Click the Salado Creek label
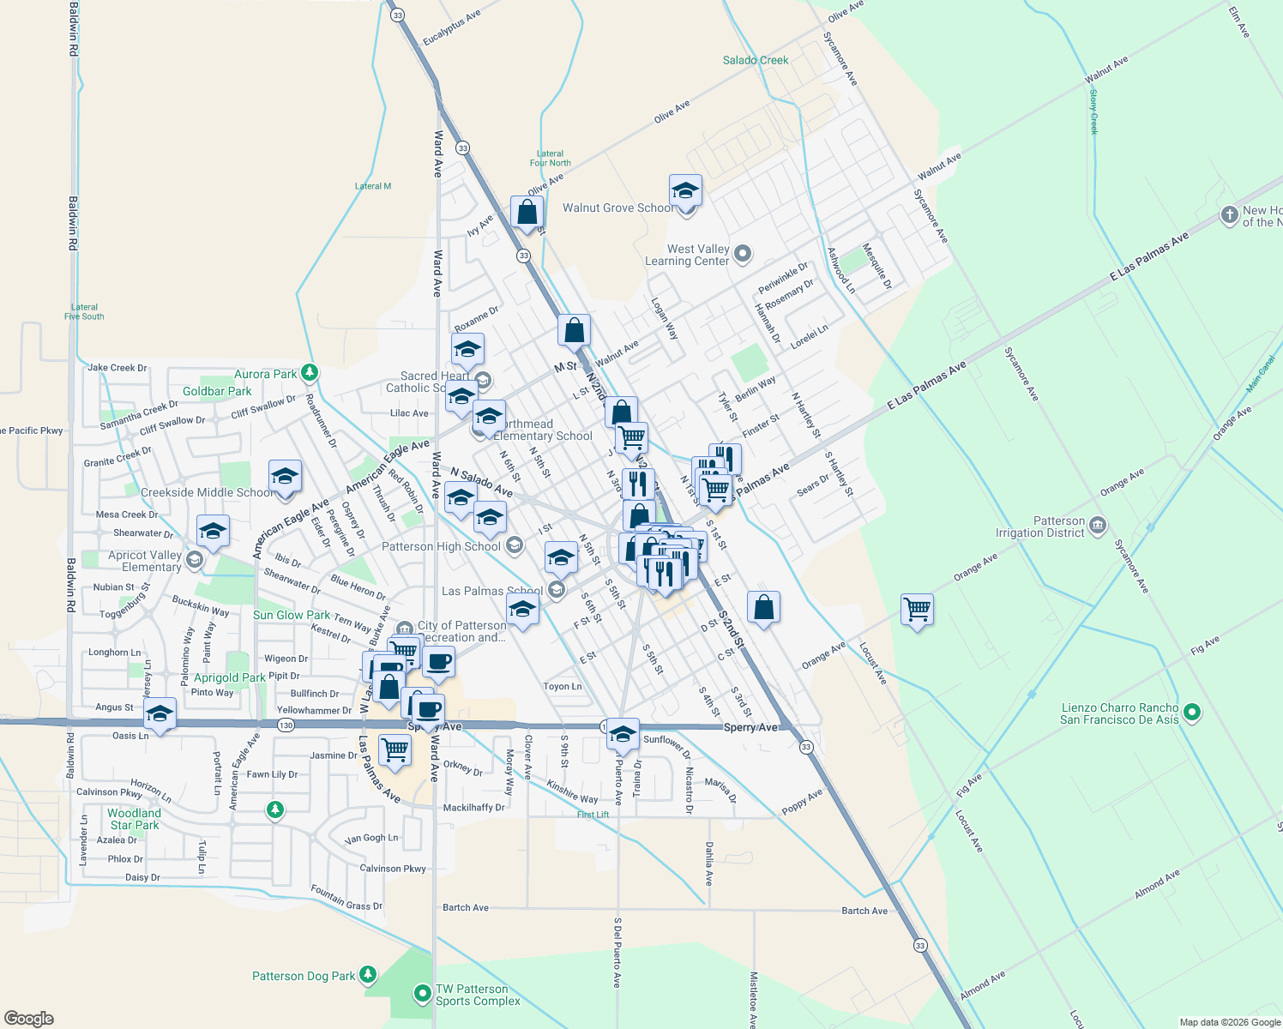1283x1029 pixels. [x=755, y=60]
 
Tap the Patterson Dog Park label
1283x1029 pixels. [x=304, y=976]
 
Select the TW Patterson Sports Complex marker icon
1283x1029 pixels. [x=422, y=994]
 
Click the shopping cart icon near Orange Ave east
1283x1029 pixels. [x=918, y=609]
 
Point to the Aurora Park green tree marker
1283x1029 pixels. [x=310, y=373]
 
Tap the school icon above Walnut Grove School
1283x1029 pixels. [x=685, y=190]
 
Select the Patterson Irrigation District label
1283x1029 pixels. [x=1040, y=527]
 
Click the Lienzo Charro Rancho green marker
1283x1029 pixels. [x=1191, y=712]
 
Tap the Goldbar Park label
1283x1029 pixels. [x=217, y=391]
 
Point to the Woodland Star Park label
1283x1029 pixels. [x=135, y=819]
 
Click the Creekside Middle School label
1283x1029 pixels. [x=208, y=492]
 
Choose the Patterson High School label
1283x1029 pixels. [x=441, y=546]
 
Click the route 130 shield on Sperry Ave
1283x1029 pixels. [x=286, y=725]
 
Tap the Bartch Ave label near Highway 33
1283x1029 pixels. [x=864, y=911]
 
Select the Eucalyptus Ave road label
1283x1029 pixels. [x=451, y=28]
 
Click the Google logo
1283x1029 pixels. [x=28, y=1019]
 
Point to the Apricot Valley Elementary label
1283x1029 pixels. [x=145, y=561]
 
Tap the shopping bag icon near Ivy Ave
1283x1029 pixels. [x=527, y=211]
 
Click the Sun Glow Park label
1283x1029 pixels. [x=292, y=615]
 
